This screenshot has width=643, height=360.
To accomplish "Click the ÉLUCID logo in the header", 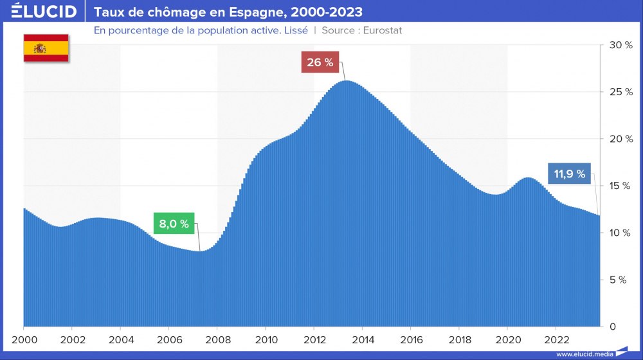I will [x=43, y=12].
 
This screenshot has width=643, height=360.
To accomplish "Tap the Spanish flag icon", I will [x=46, y=48].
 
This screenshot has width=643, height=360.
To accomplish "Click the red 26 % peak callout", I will [x=320, y=62].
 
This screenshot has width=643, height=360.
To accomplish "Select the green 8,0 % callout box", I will [x=174, y=224].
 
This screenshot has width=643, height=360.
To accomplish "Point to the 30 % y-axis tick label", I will [x=621, y=45].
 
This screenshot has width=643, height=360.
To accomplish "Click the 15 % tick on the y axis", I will [x=621, y=186].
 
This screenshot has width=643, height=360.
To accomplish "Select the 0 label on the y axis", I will [x=612, y=327].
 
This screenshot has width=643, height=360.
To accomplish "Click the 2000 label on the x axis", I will [x=23, y=339].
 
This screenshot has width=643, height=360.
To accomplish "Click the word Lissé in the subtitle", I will [x=294, y=30].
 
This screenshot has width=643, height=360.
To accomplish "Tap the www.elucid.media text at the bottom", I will [x=583, y=354].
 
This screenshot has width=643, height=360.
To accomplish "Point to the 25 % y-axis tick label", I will [x=621, y=92].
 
